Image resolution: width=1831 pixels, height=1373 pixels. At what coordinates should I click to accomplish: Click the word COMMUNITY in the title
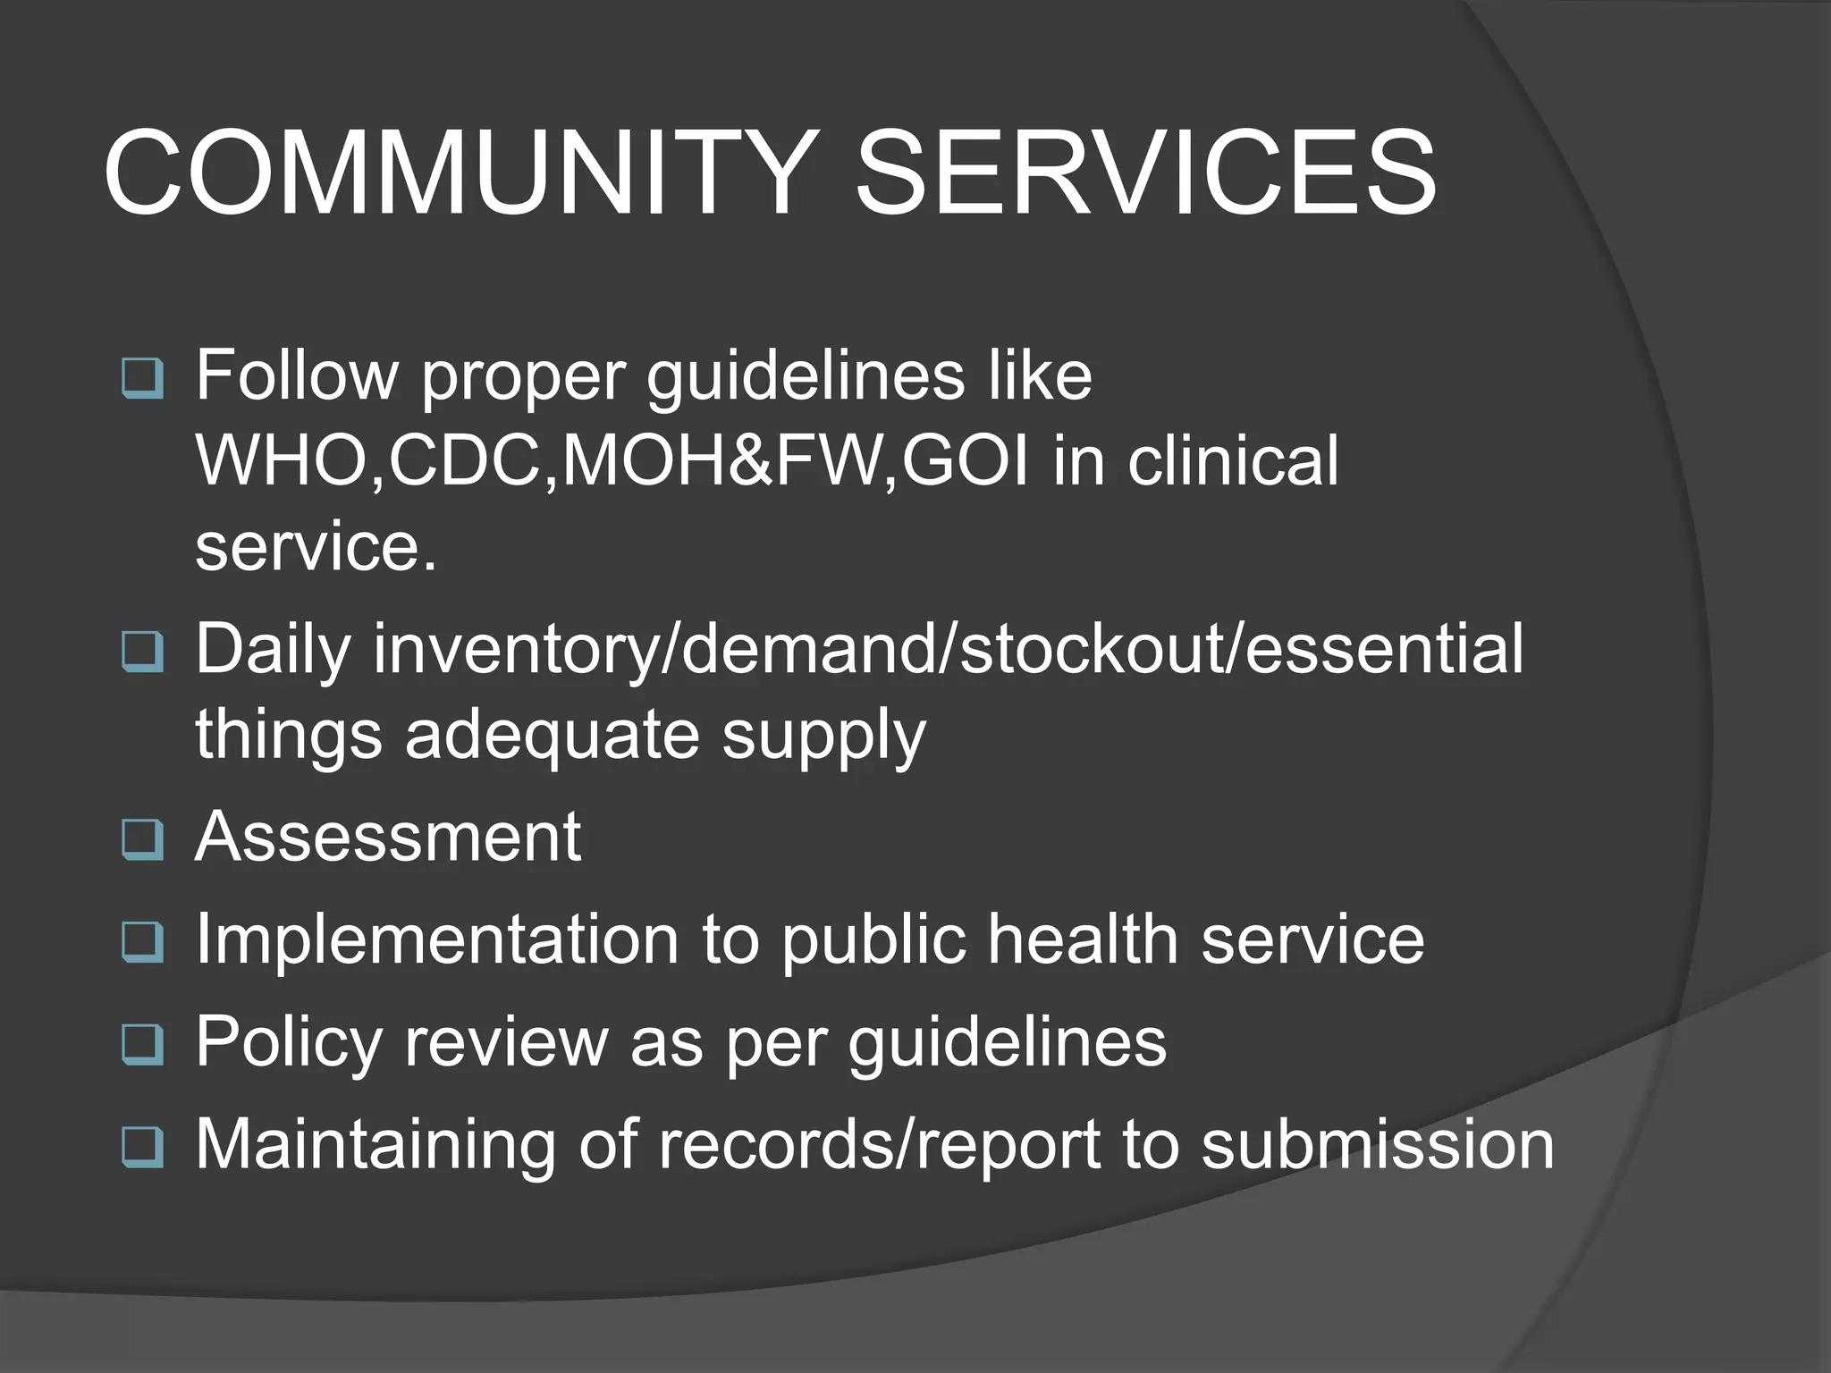(457, 172)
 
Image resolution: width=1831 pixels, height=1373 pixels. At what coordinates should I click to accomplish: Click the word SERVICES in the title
(1145, 172)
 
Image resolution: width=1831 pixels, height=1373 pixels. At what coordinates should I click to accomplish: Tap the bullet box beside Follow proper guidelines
(142, 378)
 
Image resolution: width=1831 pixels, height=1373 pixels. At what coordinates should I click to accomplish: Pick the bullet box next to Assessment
(142, 839)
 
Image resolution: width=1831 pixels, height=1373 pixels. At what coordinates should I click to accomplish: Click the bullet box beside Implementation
(142, 942)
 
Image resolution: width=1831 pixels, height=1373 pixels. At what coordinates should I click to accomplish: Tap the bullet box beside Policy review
(142, 1044)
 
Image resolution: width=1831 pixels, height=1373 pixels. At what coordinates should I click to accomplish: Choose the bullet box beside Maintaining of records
(142, 1147)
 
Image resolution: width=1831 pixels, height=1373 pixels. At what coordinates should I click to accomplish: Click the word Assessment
(388, 838)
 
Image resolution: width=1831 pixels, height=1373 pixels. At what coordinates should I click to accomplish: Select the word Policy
(288, 1042)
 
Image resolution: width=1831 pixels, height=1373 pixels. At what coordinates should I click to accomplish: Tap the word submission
(1377, 1144)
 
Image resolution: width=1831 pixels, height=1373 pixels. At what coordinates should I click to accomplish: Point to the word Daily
(273, 650)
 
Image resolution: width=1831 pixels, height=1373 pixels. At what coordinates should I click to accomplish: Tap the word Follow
(297, 375)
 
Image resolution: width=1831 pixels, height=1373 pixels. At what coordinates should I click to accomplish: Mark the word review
(506, 1042)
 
